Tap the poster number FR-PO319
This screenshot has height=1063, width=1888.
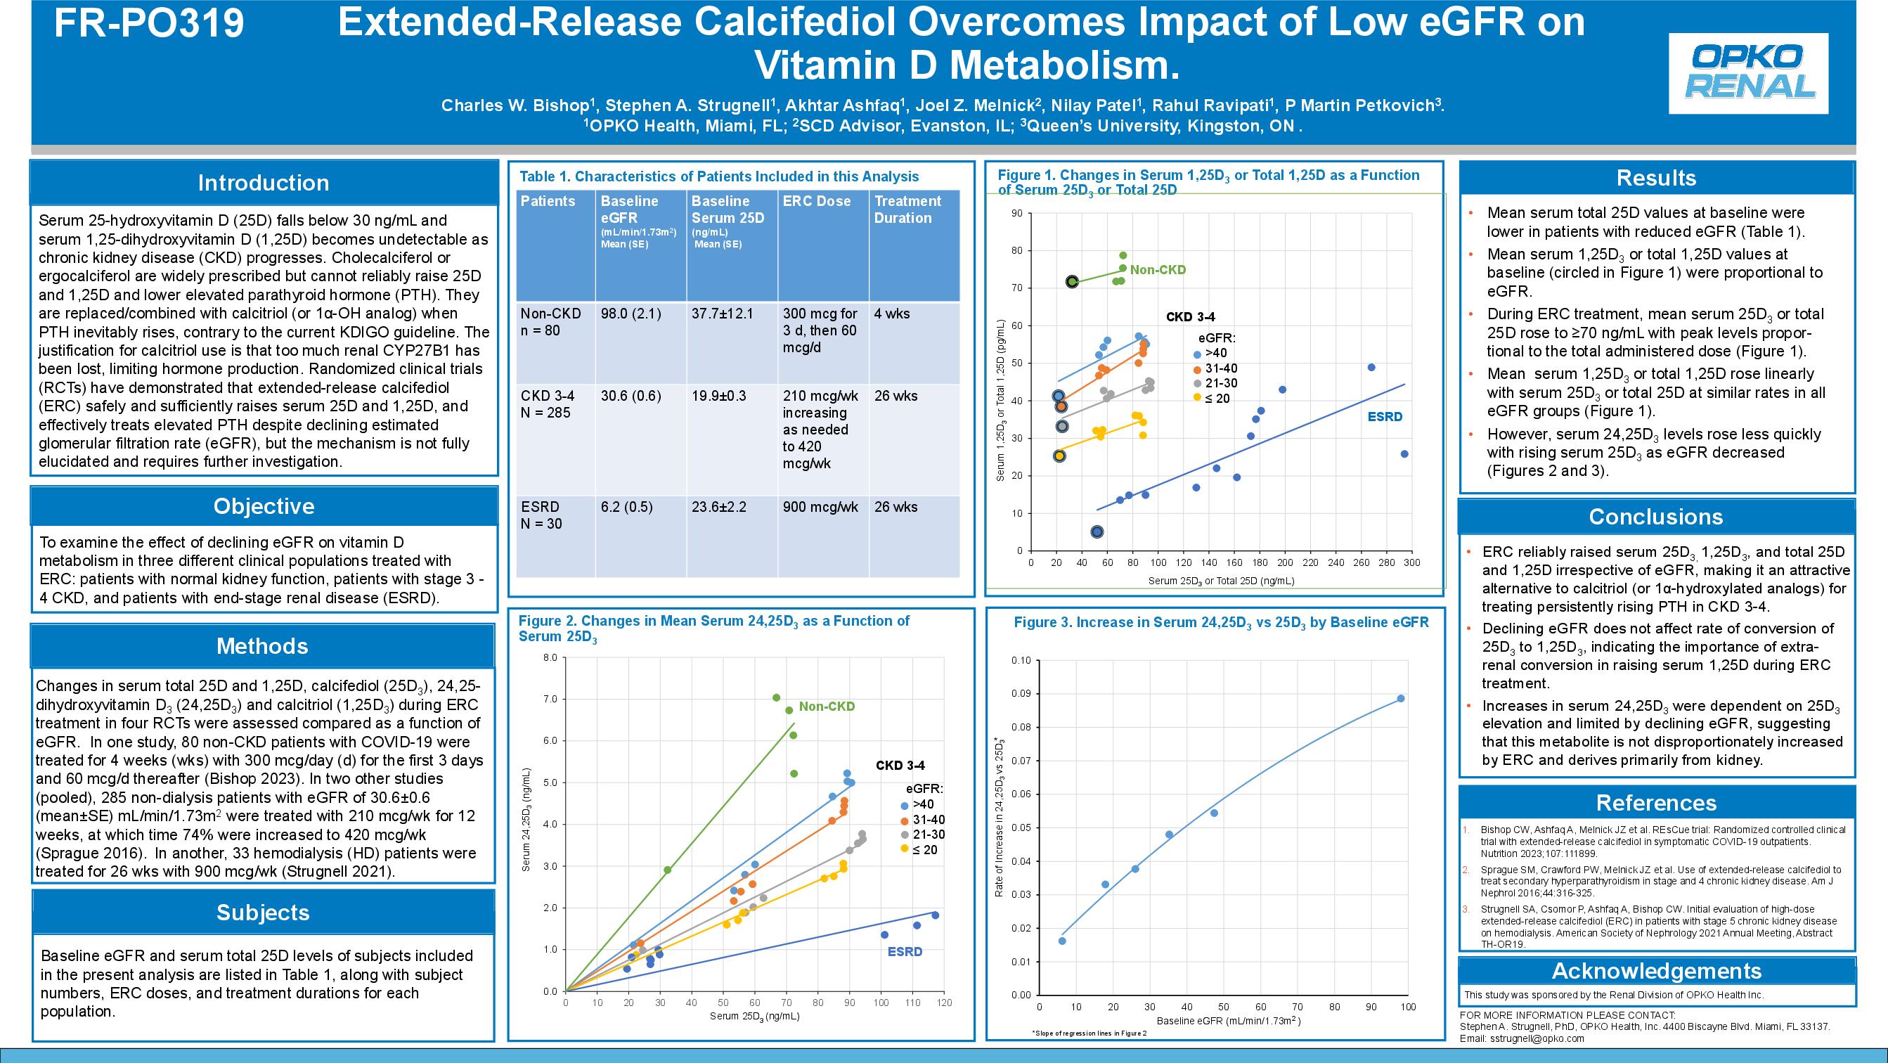(x=150, y=22)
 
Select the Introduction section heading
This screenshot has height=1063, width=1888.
(x=263, y=183)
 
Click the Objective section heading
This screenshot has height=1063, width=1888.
(x=264, y=506)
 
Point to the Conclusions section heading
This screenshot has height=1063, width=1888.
(x=1655, y=517)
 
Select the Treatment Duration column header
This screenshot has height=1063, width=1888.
(x=907, y=210)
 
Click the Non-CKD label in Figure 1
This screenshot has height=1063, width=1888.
(x=1157, y=270)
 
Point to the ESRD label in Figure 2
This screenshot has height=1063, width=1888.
(x=905, y=952)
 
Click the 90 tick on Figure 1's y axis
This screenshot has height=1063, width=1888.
(x=1016, y=213)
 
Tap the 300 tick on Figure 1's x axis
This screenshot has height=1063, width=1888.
(x=1411, y=563)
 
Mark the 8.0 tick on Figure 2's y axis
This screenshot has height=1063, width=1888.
(x=550, y=657)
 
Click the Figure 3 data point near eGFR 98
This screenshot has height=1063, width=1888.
(x=1401, y=699)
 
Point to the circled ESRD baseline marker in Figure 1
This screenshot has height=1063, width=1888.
(x=1097, y=531)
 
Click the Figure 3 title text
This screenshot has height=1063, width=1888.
(x=1221, y=622)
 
